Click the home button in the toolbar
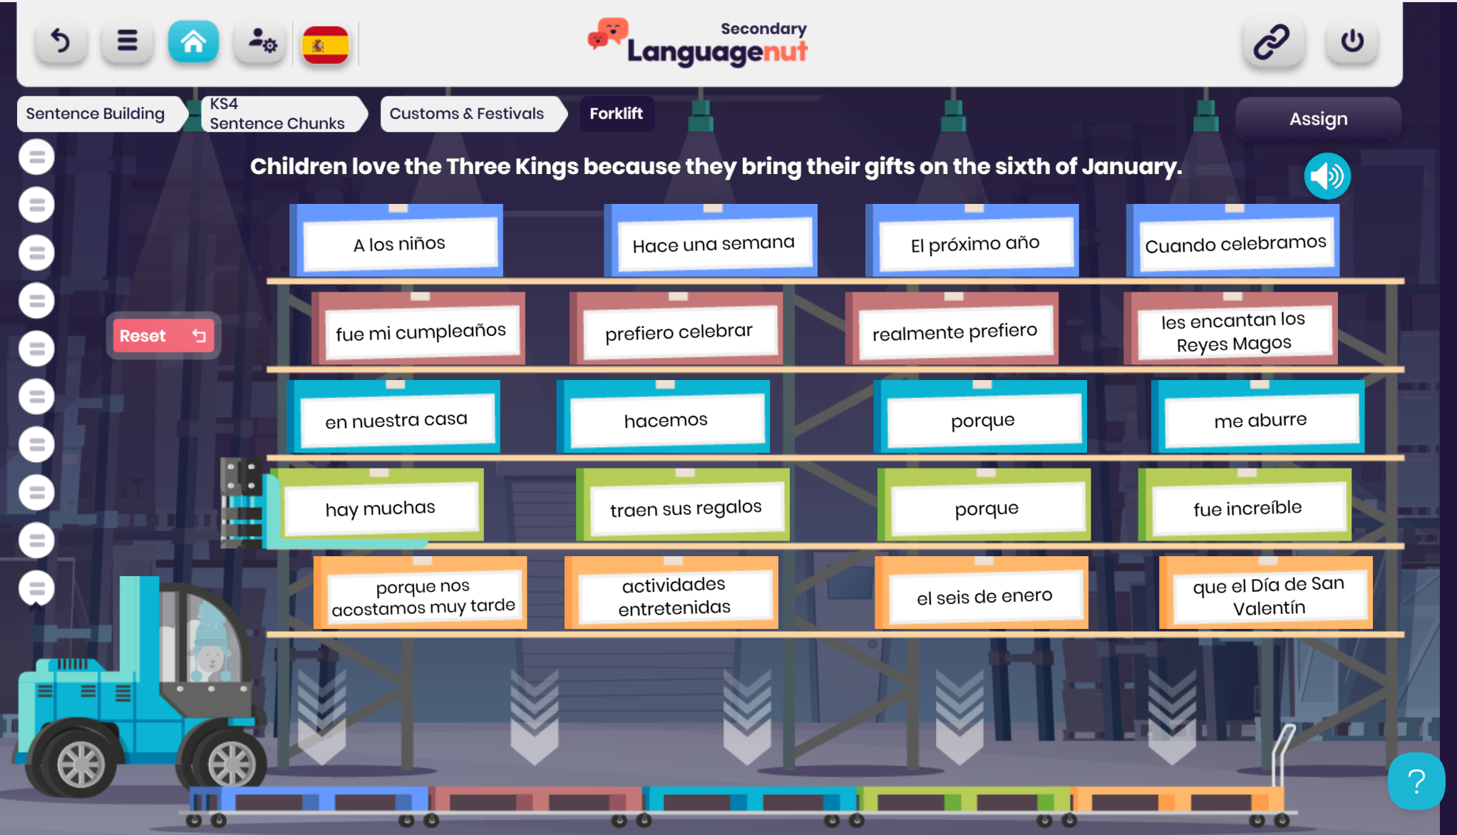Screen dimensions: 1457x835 (x=193, y=41)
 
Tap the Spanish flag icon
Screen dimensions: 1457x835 (x=325, y=44)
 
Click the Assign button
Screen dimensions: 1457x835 (x=1318, y=118)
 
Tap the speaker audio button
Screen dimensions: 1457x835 (x=1327, y=176)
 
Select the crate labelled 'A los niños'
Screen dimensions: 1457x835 (x=397, y=241)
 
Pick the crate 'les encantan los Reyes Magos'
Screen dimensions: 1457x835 (x=1231, y=329)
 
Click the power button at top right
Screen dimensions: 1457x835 (x=1352, y=41)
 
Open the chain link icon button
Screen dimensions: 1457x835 (x=1272, y=41)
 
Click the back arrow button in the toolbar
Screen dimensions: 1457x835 (x=61, y=41)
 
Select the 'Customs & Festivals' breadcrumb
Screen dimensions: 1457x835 (x=467, y=113)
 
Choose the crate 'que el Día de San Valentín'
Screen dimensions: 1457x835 (x=1267, y=593)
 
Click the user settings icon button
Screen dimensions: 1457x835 (x=260, y=41)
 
